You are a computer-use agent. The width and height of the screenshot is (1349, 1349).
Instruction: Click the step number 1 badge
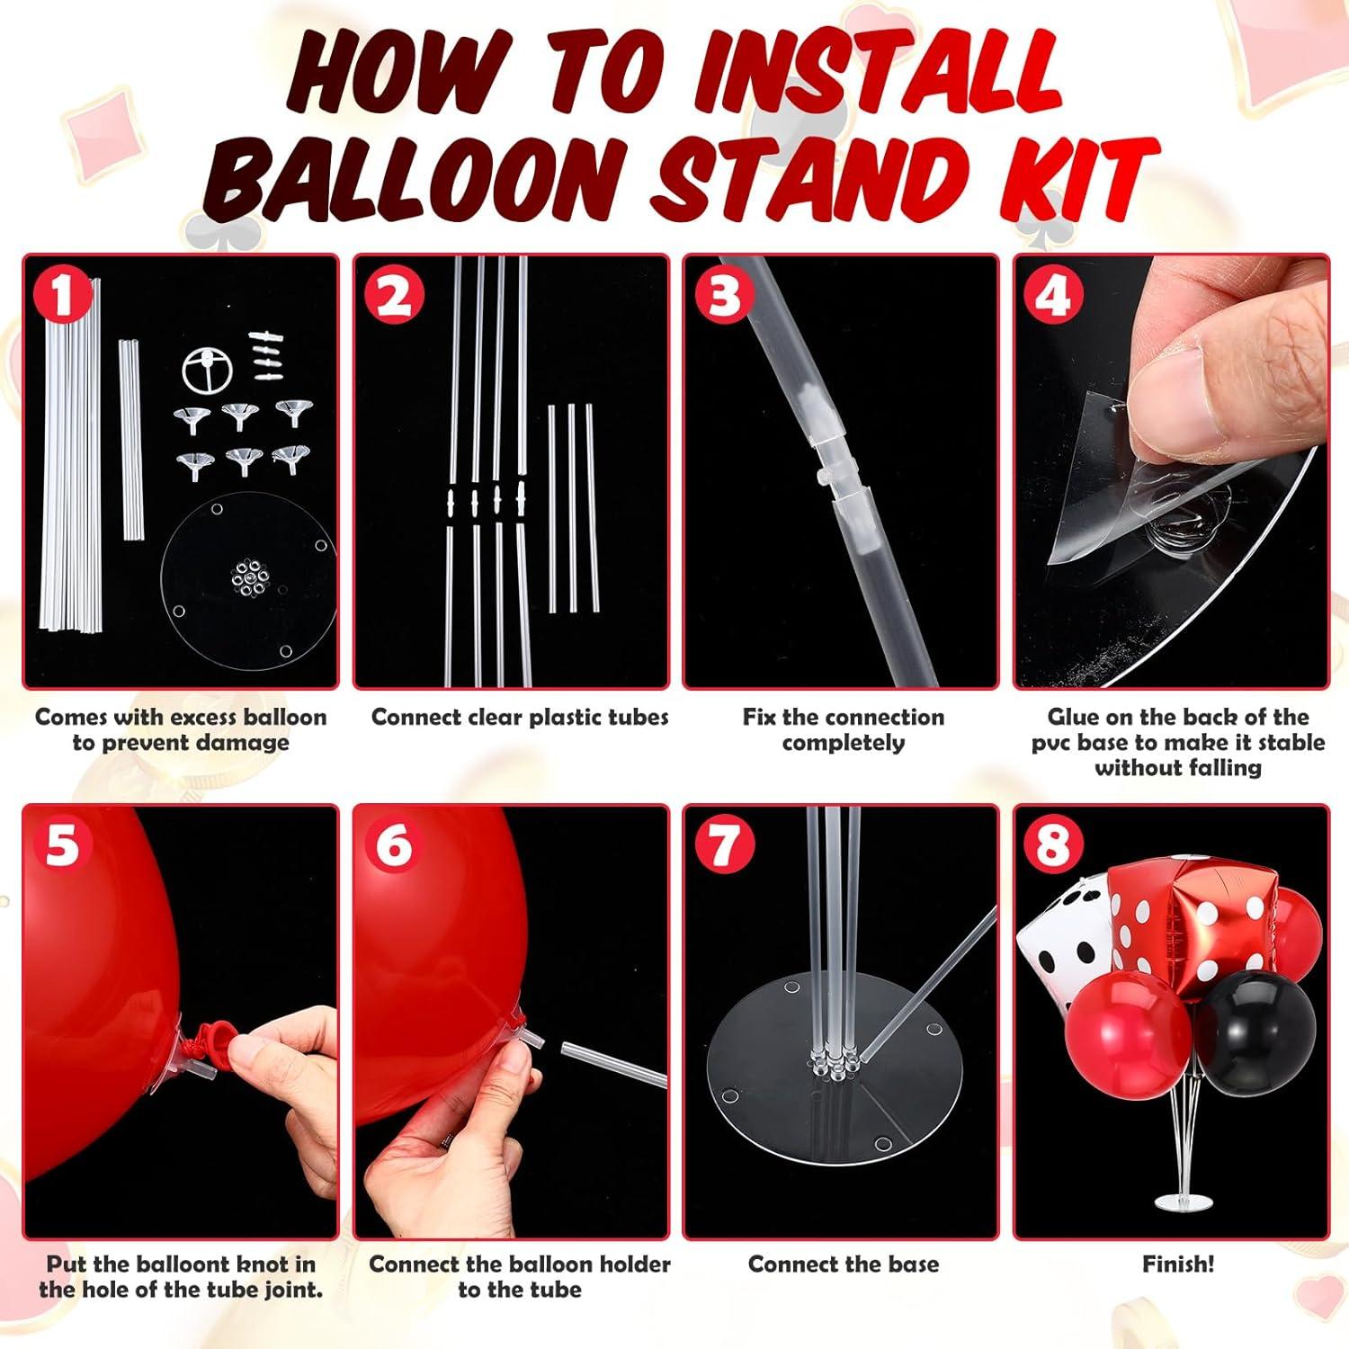click(x=62, y=294)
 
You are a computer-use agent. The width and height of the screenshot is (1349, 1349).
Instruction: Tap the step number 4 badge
click(x=1053, y=294)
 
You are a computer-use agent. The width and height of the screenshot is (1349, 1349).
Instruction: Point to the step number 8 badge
click(x=1053, y=844)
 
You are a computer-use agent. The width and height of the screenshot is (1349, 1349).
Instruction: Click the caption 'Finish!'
click(x=1178, y=1264)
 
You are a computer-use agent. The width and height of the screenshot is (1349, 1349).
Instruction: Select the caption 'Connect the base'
click(x=844, y=1264)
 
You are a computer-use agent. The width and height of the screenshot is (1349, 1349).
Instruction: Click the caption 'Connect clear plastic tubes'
click(x=520, y=717)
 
